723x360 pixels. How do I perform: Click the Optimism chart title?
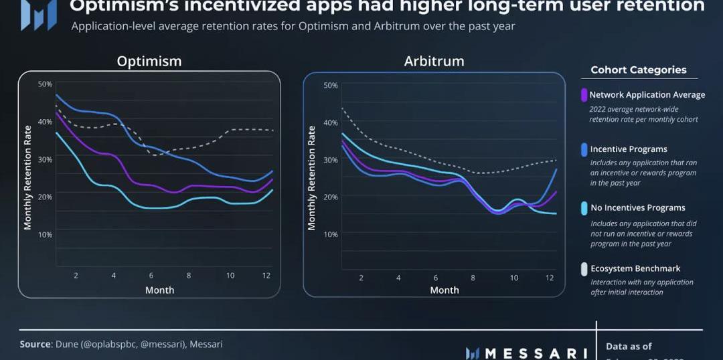click(149, 61)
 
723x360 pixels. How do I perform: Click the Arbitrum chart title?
click(434, 61)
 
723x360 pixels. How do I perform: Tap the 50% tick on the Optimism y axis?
click(45, 84)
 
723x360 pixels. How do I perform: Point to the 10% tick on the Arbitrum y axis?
click(331, 234)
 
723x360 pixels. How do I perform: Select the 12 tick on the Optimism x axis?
click(267, 276)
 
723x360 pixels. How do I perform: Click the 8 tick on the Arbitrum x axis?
click(473, 277)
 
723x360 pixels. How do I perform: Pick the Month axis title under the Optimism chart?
click(159, 290)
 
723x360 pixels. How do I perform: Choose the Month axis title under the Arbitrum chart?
click(445, 290)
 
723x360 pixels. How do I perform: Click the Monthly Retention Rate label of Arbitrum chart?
click(311, 179)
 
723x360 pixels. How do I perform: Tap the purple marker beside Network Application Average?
click(584, 95)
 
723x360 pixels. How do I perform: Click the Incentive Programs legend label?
click(629, 149)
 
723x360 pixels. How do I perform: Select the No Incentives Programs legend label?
click(637, 208)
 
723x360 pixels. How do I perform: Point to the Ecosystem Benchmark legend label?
click(635, 269)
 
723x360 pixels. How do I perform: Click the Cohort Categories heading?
click(639, 70)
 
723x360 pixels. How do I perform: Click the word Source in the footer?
click(35, 344)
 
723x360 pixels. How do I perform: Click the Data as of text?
click(629, 346)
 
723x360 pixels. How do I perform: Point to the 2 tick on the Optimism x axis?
click(76, 276)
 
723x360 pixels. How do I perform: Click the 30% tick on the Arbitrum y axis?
click(331, 159)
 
